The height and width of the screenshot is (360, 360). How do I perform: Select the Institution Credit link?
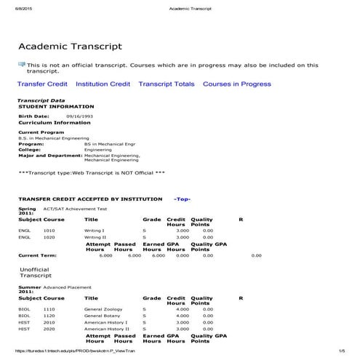[x=103, y=84]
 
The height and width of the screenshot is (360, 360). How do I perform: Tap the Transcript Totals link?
[x=167, y=84]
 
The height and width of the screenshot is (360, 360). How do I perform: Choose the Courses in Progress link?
[x=237, y=84]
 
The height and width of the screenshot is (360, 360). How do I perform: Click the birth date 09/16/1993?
[x=79, y=116]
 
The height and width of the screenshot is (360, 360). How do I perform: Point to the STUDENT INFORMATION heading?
[x=51, y=106]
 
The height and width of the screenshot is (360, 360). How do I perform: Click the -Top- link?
[x=182, y=198]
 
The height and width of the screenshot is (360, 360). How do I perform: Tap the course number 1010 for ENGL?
[x=49, y=230]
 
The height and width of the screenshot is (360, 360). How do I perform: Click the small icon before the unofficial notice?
[x=21, y=65]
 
